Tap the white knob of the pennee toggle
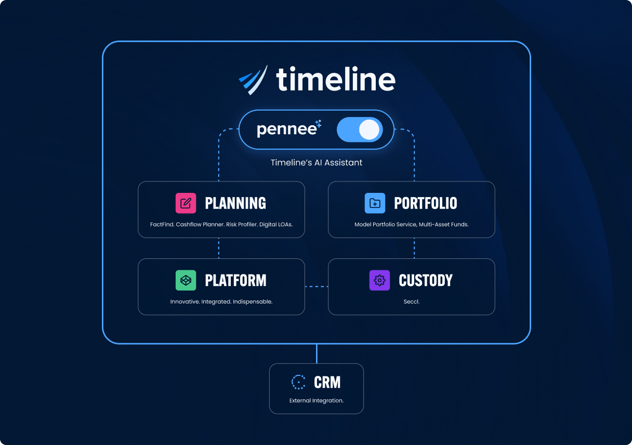click(x=369, y=129)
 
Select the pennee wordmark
click(x=287, y=130)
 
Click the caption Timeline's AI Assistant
click(x=317, y=163)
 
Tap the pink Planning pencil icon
click(x=186, y=203)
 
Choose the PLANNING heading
click(x=235, y=203)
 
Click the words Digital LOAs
click(x=276, y=225)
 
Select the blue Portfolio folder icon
click(x=375, y=203)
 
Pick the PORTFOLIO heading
click(x=426, y=203)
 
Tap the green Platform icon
click(x=186, y=280)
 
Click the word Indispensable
click(x=253, y=302)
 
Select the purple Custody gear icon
click(x=379, y=280)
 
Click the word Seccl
click(x=411, y=302)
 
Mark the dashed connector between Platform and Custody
click(x=317, y=286)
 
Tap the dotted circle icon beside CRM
click(x=298, y=382)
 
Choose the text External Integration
click(x=317, y=401)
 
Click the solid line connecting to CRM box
click(x=317, y=354)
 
